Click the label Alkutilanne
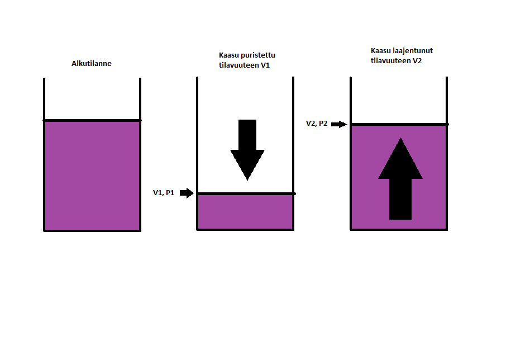(x=92, y=64)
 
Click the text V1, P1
(x=164, y=193)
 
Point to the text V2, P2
(x=317, y=124)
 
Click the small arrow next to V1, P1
(x=187, y=193)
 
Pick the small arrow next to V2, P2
(x=339, y=124)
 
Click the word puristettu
(x=257, y=55)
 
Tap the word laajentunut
(x=413, y=50)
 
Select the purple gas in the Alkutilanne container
(x=92, y=174)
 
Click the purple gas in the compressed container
(x=245, y=212)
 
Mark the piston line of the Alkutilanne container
(x=92, y=120)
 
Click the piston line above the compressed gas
(x=245, y=194)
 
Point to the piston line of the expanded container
(x=399, y=124)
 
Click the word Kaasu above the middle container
(x=228, y=55)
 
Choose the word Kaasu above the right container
(x=380, y=50)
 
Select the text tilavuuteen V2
(x=396, y=60)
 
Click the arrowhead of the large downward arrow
(x=247, y=164)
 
